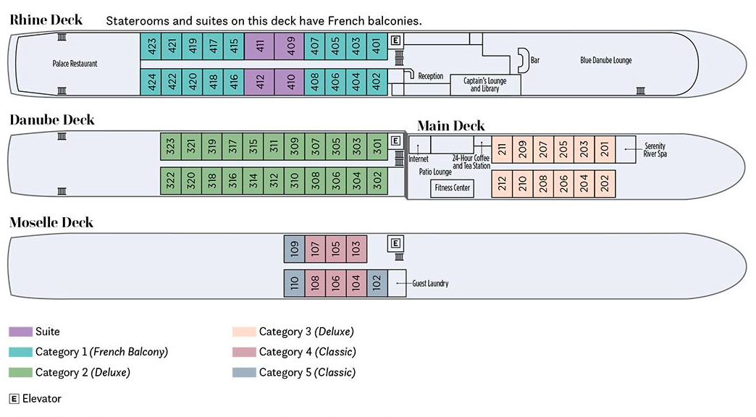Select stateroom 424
click(151, 83)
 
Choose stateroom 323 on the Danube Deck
click(170, 147)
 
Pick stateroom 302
click(377, 181)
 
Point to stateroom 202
click(605, 183)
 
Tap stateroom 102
click(377, 283)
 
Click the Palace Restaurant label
click(75, 64)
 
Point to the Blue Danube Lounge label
click(606, 61)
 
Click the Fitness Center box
click(452, 188)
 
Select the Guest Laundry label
click(430, 283)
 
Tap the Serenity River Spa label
click(655, 150)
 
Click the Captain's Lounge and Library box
click(484, 85)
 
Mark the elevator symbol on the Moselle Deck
click(395, 243)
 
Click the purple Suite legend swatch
click(20, 332)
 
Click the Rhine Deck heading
click(46, 20)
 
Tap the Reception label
click(430, 76)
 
